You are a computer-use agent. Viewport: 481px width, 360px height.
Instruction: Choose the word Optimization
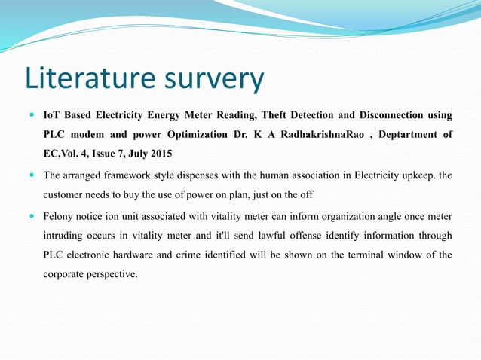pos(192,135)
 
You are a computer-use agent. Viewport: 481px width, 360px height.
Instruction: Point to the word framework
pos(125,176)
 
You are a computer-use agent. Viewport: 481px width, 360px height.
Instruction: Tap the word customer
pos(63,194)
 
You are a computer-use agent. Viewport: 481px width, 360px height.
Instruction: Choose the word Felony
pos(58,216)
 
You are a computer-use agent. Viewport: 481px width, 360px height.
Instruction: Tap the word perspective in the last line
pos(112,274)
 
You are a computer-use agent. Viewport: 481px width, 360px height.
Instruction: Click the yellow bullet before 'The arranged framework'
pos(31,176)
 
